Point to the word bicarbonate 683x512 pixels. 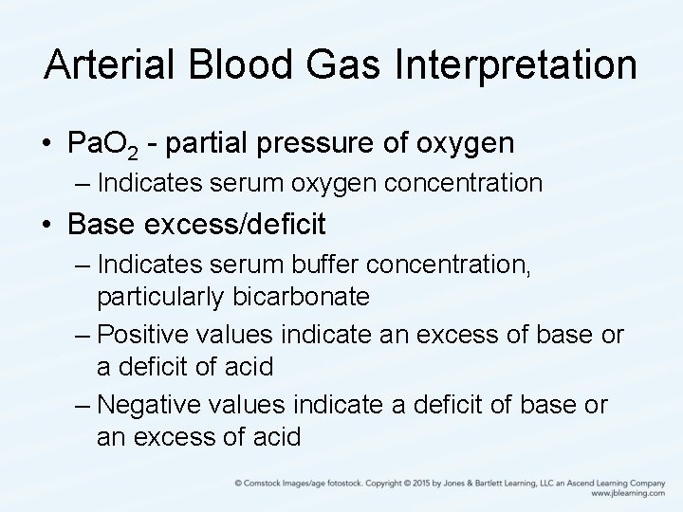click(298, 298)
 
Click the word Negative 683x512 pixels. click(147, 405)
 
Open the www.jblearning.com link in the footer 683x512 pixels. click(626, 493)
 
